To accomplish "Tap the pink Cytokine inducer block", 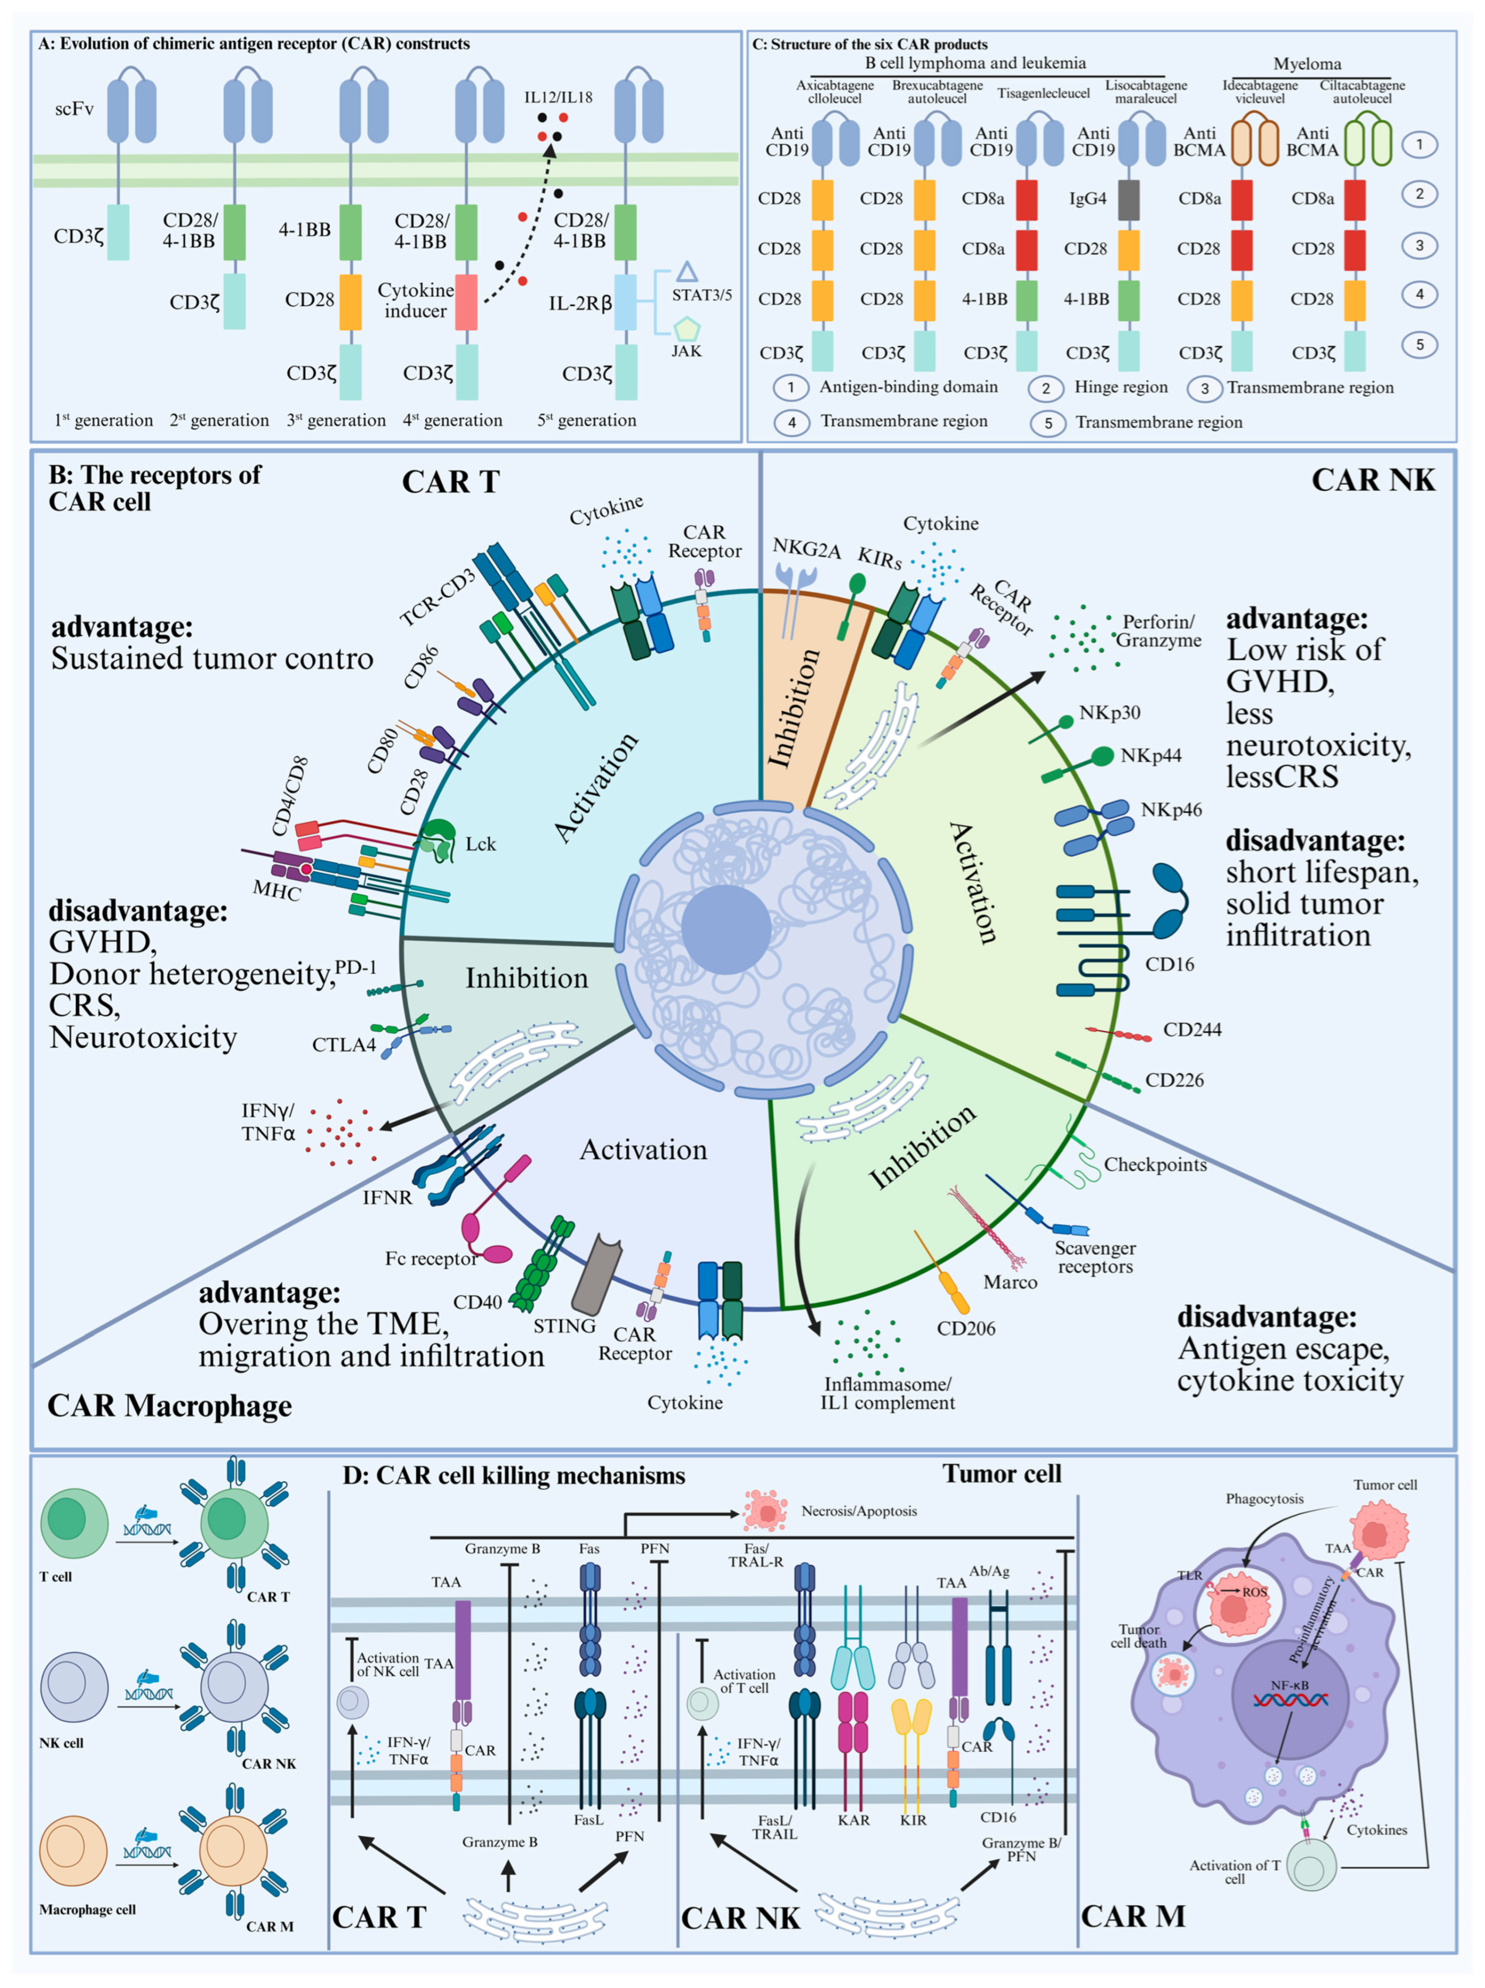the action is tap(466, 301).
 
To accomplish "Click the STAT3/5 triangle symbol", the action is tap(687, 271).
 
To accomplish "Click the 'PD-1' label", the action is tap(356, 967).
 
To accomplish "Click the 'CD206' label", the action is tap(966, 1328).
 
